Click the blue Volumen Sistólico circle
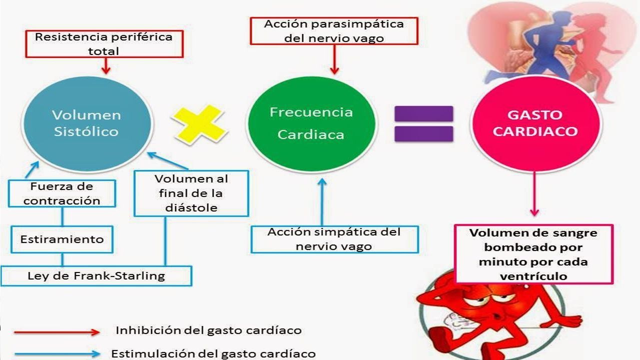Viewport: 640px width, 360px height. click(87, 124)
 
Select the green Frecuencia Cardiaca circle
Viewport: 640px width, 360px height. click(311, 124)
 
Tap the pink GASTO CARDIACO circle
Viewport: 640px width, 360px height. click(536, 124)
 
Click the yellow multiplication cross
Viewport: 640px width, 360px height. click(200, 124)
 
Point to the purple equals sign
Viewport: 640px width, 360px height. click(424, 124)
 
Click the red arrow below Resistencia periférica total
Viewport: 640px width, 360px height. click(106, 66)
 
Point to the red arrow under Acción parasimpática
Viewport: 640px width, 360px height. click(334, 59)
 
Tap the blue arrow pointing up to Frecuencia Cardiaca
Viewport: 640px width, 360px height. click(322, 202)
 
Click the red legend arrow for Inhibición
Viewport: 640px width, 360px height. click(57, 332)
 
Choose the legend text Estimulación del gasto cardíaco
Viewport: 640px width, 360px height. click(214, 353)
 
